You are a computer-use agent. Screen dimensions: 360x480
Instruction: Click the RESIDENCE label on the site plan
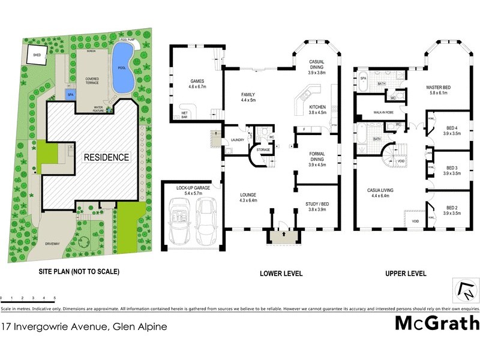pyautogui.click(x=106, y=157)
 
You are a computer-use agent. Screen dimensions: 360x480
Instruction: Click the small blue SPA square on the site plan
pyautogui.click(x=71, y=95)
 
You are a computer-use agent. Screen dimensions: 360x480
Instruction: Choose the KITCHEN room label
pyautogui.click(x=317, y=109)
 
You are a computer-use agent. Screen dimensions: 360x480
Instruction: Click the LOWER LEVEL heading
pyautogui.click(x=281, y=274)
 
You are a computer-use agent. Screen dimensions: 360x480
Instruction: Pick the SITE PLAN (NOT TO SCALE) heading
pyautogui.click(x=79, y=272)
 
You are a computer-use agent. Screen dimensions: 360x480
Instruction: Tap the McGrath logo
pyautogui.click(x=437, y=323)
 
